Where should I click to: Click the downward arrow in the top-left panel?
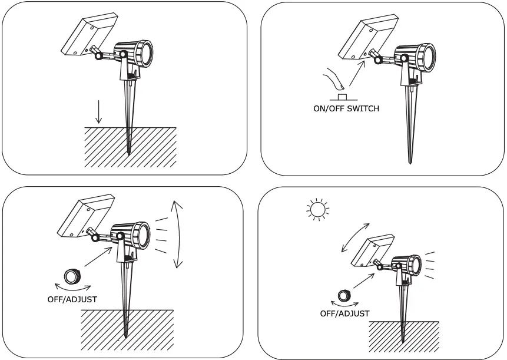pyautogui.click(x=99, y=111)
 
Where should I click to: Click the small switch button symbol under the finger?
pyautogui.click(x=342, y=96)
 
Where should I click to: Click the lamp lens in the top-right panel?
pyautogui.click(x=428, y=57)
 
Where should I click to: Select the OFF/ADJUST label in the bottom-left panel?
pyautogui.click(x=72, y=299)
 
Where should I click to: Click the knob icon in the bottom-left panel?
pyautogui.click(x=72, y=276)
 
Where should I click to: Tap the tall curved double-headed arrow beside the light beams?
pyautogui.click(x=177, y=235)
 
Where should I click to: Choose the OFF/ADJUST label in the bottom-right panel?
pyautogui.click(x=344, y=313)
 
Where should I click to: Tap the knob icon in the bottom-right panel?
pyautogui.click(x=344, y=295)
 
